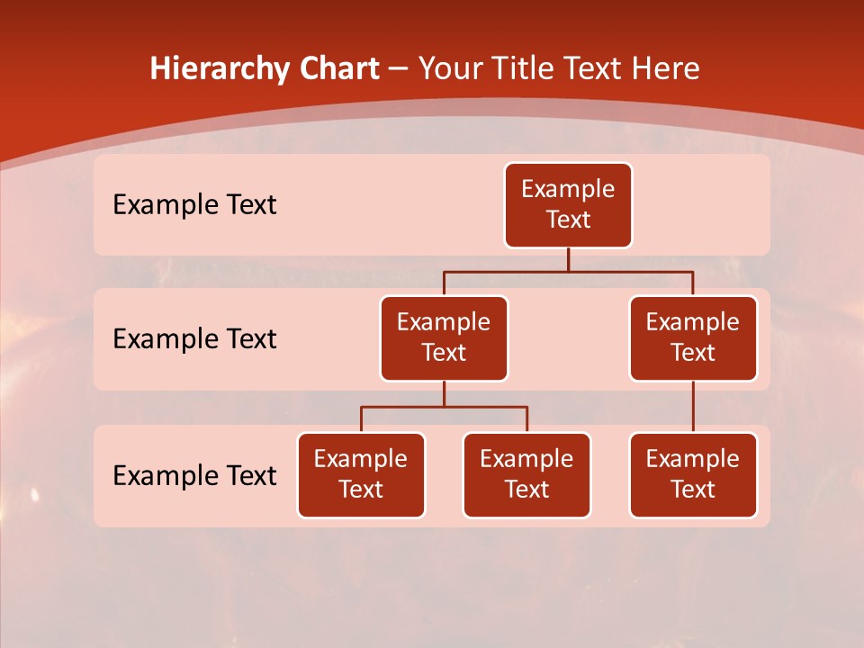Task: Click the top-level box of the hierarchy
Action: point(568,204)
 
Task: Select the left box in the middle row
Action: point(444,337)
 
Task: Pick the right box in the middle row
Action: point(693,337)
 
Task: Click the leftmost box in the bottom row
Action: point(361,474)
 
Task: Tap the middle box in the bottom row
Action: point(526,474)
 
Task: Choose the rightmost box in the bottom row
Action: point(693,474)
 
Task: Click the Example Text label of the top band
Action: point(194,205)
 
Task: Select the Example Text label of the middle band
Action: point(194,339)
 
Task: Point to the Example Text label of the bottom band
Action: point(194,475)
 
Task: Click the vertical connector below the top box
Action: point(568,259)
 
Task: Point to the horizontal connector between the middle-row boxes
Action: point(568,271)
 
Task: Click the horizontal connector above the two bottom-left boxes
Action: point(444,407)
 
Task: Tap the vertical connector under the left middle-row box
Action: point(444,394)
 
